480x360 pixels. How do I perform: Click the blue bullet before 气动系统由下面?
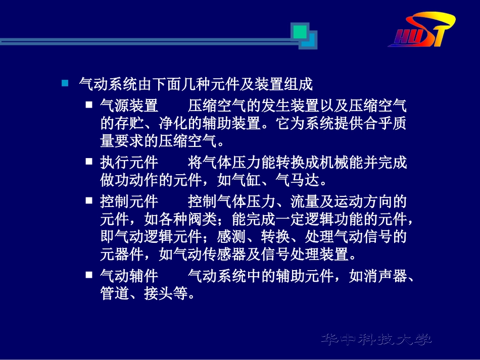click(x=65, y=82)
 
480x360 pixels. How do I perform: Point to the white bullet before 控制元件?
click(x=89, y=201)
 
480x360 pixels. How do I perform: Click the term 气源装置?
click(x=129, y=106)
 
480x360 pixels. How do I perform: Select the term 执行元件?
click(x=129, y=163)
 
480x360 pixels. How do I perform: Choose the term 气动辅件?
click(x=129, y=276)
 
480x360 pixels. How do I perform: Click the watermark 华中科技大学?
click(x=376, y=339)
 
